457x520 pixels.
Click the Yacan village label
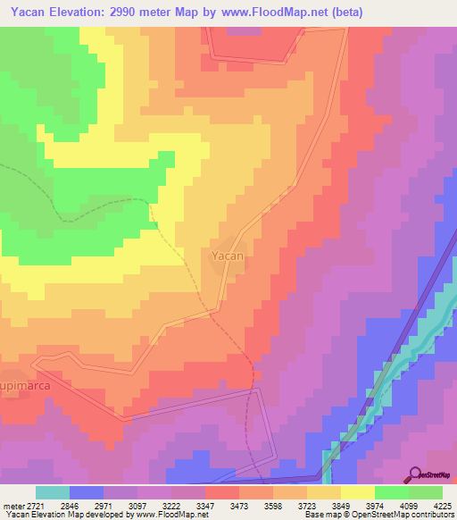pos(227,256)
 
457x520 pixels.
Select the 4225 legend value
pos(444,506)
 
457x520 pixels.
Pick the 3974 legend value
pos(376,506)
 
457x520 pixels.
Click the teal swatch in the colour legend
pos(53,492)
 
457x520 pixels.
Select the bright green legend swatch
pos(392,492)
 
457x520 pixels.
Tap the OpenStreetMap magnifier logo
pos(414,474)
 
